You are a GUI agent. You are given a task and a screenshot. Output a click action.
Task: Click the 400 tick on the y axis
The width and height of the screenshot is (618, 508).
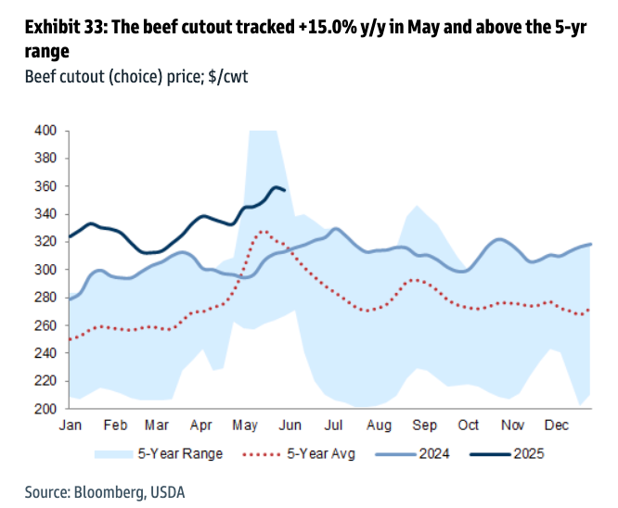46,131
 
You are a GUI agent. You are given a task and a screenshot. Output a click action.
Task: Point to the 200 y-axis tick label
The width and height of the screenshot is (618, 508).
46,409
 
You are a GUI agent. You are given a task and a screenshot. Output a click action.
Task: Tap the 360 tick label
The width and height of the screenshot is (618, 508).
46,186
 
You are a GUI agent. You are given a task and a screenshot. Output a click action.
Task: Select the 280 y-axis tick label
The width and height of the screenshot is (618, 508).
46,298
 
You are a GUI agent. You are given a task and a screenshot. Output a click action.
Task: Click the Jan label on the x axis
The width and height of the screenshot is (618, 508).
71,425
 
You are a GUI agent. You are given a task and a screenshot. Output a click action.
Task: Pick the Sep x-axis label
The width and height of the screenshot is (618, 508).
425,425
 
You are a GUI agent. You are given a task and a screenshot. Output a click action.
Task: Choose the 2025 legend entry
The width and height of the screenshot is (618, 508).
526,454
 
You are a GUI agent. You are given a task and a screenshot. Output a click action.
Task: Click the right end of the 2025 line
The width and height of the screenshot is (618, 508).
284,191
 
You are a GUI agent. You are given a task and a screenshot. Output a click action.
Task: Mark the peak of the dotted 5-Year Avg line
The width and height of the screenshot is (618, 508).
264,232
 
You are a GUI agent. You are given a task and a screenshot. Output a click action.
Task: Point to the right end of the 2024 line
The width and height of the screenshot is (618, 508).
591,244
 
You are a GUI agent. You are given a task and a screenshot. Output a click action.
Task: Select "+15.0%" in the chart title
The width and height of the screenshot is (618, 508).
332,29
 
